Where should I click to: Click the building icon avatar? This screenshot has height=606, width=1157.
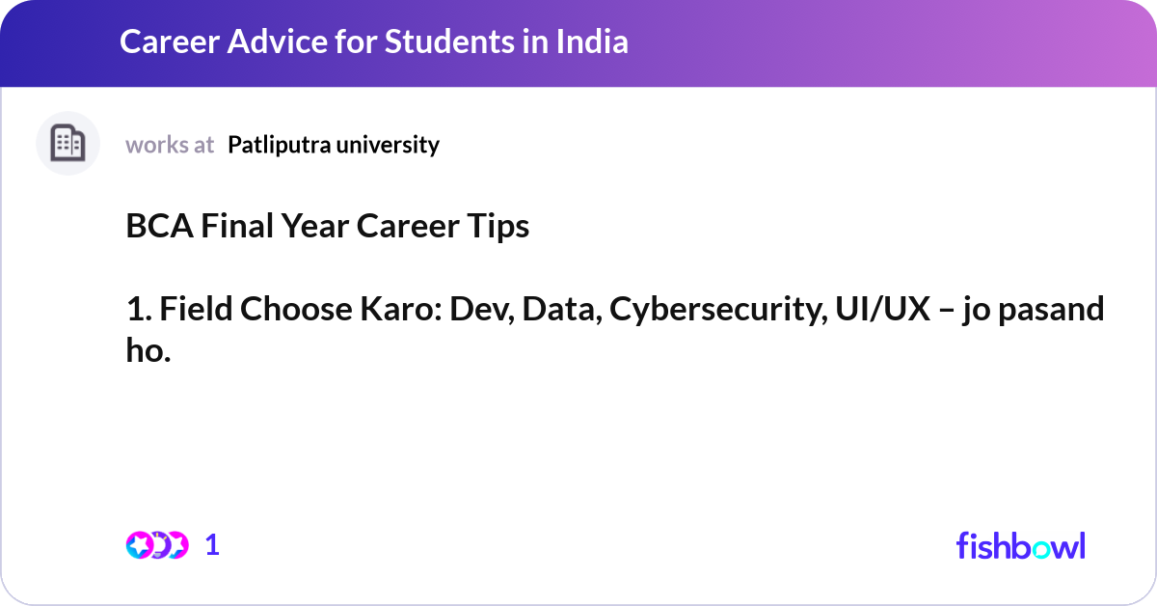click(67, 143)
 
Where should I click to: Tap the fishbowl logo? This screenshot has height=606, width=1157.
click(1021, 545)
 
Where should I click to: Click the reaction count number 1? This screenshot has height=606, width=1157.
click(212, 545)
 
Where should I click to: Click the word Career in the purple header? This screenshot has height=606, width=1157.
click(170, 41)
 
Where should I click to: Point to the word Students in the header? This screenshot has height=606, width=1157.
click(449, 41)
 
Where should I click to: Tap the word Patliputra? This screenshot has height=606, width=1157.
click(280, 145)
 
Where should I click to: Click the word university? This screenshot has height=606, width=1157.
click(388, 145)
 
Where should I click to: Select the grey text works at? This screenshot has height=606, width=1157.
click(170, 146)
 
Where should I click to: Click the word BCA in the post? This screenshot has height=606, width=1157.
click(160, 226)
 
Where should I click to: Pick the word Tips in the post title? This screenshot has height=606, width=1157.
click(498, 227)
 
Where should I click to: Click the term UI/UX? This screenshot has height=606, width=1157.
click(883, 309)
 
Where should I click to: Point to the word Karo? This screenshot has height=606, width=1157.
click(401, 309)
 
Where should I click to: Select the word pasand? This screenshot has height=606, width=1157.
click(1051, 309)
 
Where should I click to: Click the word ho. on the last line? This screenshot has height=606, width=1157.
click(148, 350)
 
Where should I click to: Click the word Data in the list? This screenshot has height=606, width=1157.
click(562, 309)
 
